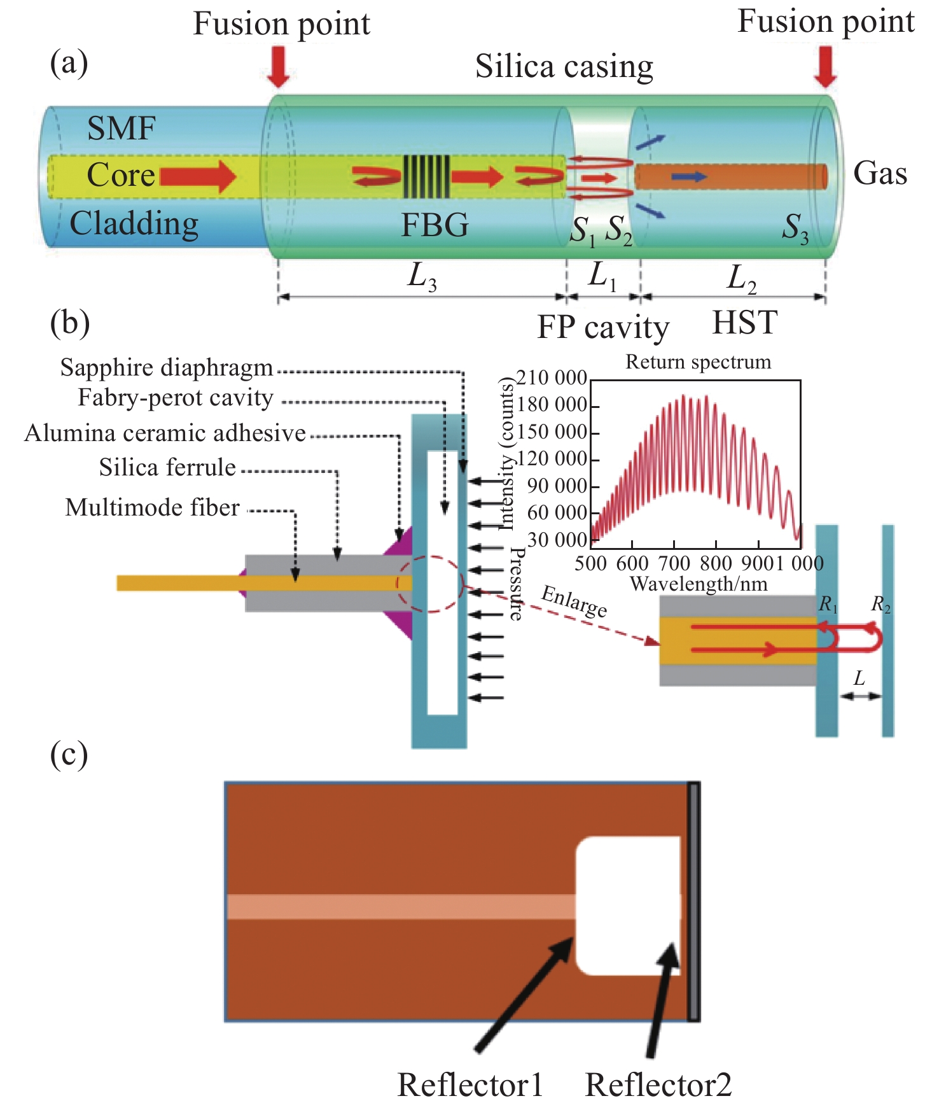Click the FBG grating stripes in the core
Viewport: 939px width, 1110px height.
point(427,176)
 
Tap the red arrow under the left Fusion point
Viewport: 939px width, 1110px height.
point(279,66)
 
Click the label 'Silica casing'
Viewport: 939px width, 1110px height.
point(564,66)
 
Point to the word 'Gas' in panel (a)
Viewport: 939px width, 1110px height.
point(880,173)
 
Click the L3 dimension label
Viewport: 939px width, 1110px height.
point(422,277)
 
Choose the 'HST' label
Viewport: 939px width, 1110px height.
point(744,323)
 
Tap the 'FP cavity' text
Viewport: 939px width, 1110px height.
point(603,327)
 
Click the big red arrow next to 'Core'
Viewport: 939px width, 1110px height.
point(198,176)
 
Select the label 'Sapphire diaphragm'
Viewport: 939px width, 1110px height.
point(167,368)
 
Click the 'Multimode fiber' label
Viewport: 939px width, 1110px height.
point(153,508)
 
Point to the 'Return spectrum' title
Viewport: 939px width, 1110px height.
point(698,362)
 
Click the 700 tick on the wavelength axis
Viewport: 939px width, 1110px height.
point(674,563)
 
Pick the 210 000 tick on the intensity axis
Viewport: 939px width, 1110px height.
point(552,377)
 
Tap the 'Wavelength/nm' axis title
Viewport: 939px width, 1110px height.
point(698,584)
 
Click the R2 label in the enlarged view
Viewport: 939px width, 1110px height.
point(880,604)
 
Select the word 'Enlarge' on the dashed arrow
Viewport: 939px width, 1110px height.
point(574,601)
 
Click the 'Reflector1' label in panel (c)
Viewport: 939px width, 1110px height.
point(470,1085)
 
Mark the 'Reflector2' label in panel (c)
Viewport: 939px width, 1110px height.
point(658,1085)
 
